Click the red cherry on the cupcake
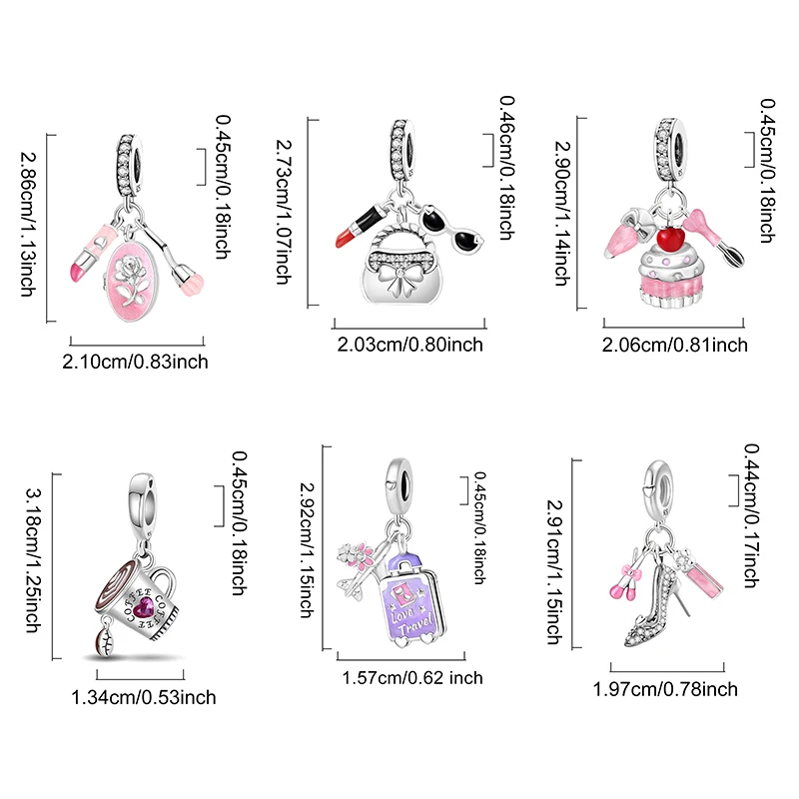[x=670, y=240]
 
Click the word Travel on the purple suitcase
[x=415, y=625]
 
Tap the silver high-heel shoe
[x=657, y=605]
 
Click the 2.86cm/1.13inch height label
[x=28, y=225]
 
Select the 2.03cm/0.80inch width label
[x=409, y=345]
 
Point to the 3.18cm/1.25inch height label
[x=34, y=560]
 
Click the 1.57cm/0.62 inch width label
[x=411, y=678]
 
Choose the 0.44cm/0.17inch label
[x=751, y=515]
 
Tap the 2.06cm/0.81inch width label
[x=675, y=345]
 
